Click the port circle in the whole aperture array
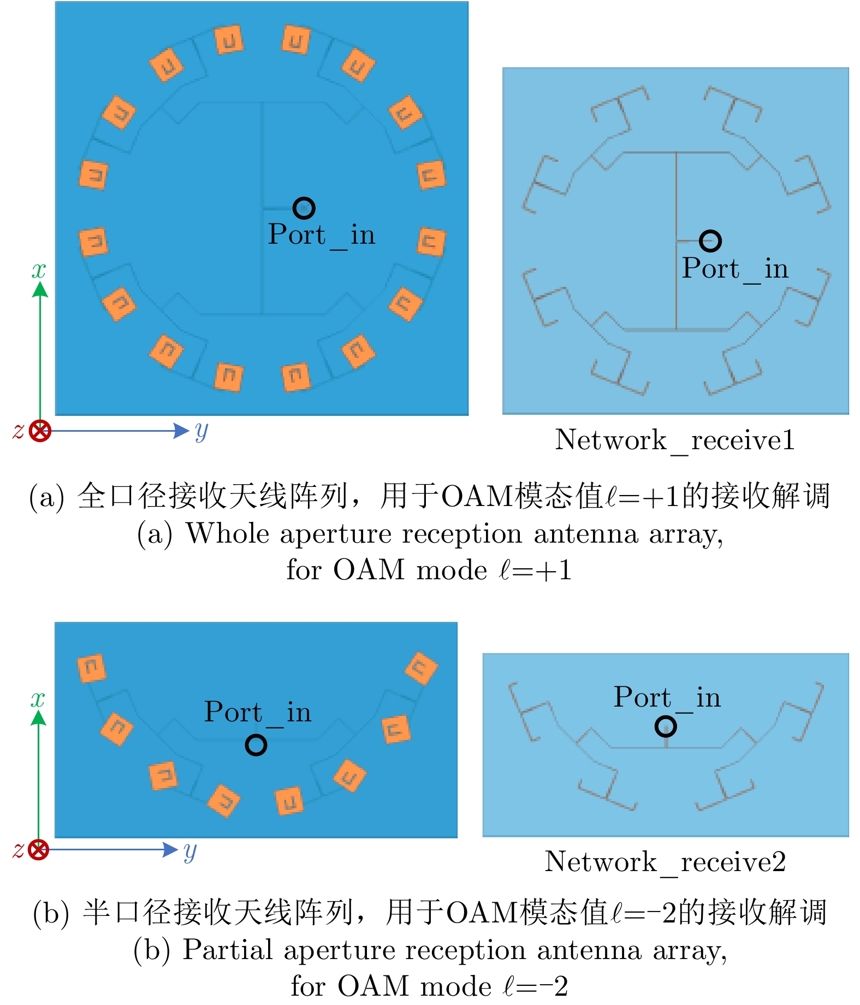304,208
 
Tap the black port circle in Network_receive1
710,241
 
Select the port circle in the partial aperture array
256,745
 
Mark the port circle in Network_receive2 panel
666,726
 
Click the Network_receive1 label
675,440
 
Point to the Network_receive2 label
665,862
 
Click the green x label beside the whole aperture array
39,270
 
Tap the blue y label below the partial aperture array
189,850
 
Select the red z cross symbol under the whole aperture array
40,431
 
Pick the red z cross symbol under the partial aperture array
38,850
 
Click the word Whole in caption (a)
228,533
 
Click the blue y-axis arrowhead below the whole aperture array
181,431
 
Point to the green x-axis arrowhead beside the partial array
38,717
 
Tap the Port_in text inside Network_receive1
735,269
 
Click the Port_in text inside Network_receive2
667,698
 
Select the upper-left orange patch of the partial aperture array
91,668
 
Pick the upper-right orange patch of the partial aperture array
421,668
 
